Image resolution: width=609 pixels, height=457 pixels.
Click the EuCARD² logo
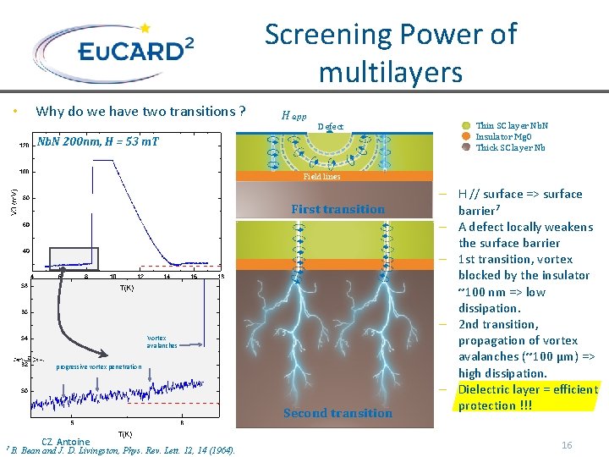point(118,51)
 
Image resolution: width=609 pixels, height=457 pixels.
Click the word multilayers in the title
point(390,72)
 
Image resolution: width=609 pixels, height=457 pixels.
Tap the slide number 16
point(567,444)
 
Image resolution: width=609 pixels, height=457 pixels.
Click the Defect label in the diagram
point(330,127)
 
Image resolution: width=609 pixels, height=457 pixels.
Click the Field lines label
point(321,177)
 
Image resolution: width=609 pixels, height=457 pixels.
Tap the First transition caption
point(337,209)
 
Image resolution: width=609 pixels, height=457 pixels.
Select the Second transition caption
point(337,413)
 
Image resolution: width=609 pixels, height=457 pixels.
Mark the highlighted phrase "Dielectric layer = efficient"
point(527,389)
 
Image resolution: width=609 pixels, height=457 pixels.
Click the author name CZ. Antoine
point(65,441)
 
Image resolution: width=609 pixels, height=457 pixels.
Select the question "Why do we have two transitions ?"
point(140,111)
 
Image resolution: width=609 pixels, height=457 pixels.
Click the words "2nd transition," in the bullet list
point(499,324)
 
